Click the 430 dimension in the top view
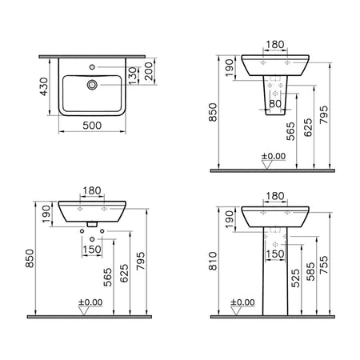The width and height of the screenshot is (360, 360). [x=44, y=86]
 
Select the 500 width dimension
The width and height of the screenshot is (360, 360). [x=92, y=126]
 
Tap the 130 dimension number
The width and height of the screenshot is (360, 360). [x=133, y=76]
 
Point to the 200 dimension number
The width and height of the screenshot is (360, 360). [x=150, y=71]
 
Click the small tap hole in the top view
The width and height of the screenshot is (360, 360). [x=92, y=67]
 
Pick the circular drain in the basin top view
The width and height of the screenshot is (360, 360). [x=92, y=85]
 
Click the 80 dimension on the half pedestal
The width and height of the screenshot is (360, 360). [x=275, y=103]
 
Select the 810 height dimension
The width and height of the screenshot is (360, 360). [x=213, y=261]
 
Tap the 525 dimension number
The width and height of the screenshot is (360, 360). [x=295, y=278]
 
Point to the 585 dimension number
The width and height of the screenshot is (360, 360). [x=310, y=272]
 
